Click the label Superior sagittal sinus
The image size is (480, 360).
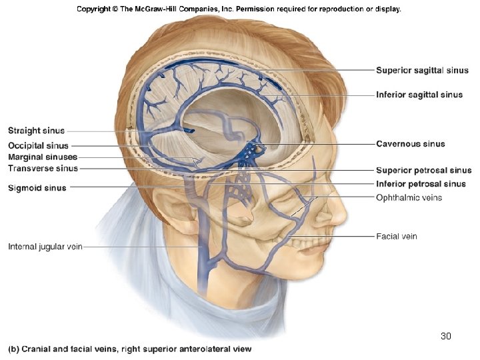422,70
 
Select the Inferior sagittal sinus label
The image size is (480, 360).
419,95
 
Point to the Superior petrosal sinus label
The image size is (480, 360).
423,171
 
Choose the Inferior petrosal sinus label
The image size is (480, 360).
421,183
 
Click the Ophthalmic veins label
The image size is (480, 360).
409,197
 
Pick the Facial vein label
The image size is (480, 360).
397,236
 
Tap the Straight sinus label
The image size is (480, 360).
36,131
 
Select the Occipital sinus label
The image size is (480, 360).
38,145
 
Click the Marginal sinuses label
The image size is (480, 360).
43,157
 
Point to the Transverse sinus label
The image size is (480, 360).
43,169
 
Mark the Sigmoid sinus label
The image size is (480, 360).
37,188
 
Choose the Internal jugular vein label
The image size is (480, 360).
45,247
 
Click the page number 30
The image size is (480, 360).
446,336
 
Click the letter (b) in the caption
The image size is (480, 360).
13,349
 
